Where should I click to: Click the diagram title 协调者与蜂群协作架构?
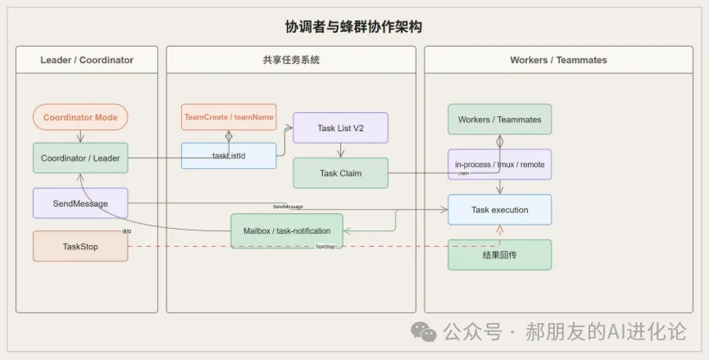coord(354,27)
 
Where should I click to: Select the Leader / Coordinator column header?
coord(87,60)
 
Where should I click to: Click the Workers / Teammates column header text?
coord(558,60)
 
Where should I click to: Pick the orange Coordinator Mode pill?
coord(80,117)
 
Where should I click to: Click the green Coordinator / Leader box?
coord(80,158)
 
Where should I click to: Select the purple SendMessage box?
coord(80,203)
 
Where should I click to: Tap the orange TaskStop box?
coord(80,246)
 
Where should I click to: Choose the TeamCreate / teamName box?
coord(229,117)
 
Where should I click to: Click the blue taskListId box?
coord(229,156)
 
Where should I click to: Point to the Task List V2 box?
coord(340,128)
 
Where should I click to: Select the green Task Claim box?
coord(340,173)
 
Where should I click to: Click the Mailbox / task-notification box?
coord(287,230)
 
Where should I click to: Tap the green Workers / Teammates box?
coord(499,119)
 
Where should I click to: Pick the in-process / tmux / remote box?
coord(499,164)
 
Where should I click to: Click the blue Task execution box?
coord(499,210)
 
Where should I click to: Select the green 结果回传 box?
coord(499,254)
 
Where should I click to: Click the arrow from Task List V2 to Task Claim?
coord(340,151)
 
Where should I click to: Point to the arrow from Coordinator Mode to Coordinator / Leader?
coord(80,137)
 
